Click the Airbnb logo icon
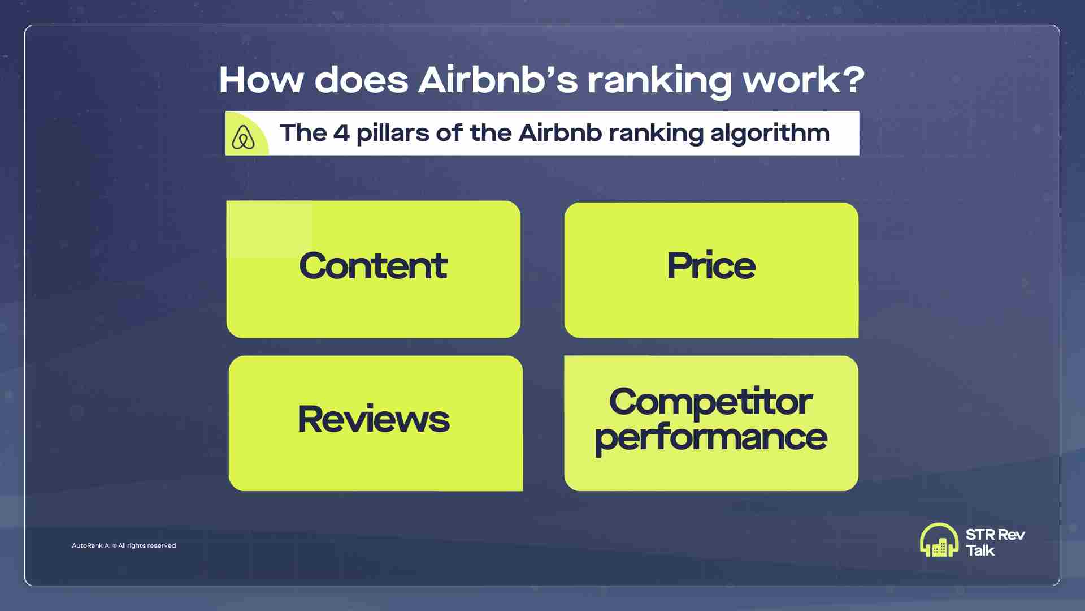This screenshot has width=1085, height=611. click(244, 137)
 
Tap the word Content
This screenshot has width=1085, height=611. click(373, 265)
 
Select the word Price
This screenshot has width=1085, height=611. click(711, 265)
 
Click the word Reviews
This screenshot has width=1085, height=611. click(374, 419)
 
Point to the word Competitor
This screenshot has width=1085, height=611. click(711, 402)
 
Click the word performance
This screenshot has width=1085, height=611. click(711, 438)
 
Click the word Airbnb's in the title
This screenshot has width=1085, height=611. click(498, 80)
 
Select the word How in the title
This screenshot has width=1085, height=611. click(262, 80)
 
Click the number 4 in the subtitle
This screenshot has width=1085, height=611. click(341, 133)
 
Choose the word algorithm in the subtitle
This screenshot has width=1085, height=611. click(770, 134)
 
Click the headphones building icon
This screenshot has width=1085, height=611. click(939, 540)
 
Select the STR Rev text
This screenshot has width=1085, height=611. click(995, 535)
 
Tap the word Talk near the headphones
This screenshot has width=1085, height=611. click(980, 550)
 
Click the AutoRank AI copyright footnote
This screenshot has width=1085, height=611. click(124, 545)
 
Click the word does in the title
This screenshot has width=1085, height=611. click(361, 80)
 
